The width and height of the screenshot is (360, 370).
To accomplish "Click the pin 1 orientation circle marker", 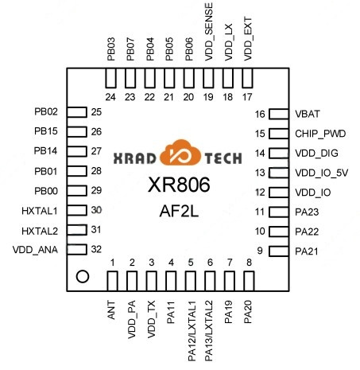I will [81, 277].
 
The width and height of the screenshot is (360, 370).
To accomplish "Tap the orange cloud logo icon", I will [180, 154].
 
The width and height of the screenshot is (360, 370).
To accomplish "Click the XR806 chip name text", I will [179, 185].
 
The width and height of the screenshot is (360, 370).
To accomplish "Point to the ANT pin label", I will [112, 310].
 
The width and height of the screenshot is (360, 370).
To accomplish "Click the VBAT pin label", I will [308, 114].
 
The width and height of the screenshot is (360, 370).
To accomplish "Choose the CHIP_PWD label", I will [319, 134].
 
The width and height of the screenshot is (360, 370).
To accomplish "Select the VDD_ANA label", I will [36, 249].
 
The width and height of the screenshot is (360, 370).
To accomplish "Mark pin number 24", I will [111, 97].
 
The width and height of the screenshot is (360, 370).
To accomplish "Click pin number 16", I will [259, 114].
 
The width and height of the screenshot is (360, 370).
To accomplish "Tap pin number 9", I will [259, 251].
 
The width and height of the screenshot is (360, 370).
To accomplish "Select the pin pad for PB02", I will [75, 112].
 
